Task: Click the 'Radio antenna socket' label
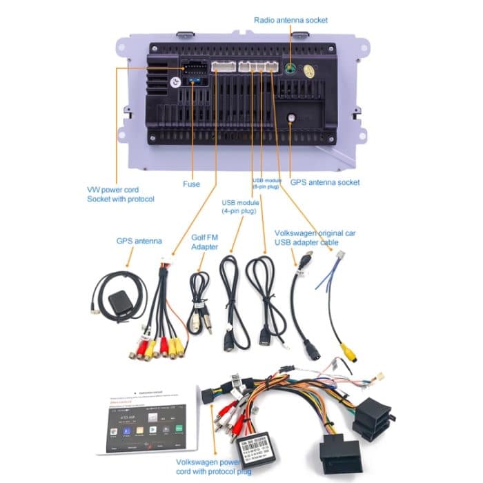290,20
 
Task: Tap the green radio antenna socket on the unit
290,70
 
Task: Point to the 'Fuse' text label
191,184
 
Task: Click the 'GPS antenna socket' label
324,182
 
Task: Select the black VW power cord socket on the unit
193,68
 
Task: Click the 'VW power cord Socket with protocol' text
120,194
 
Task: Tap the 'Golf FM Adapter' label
204,241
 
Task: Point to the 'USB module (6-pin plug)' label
267,183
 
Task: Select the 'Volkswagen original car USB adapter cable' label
315,237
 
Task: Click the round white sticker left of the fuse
175,82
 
